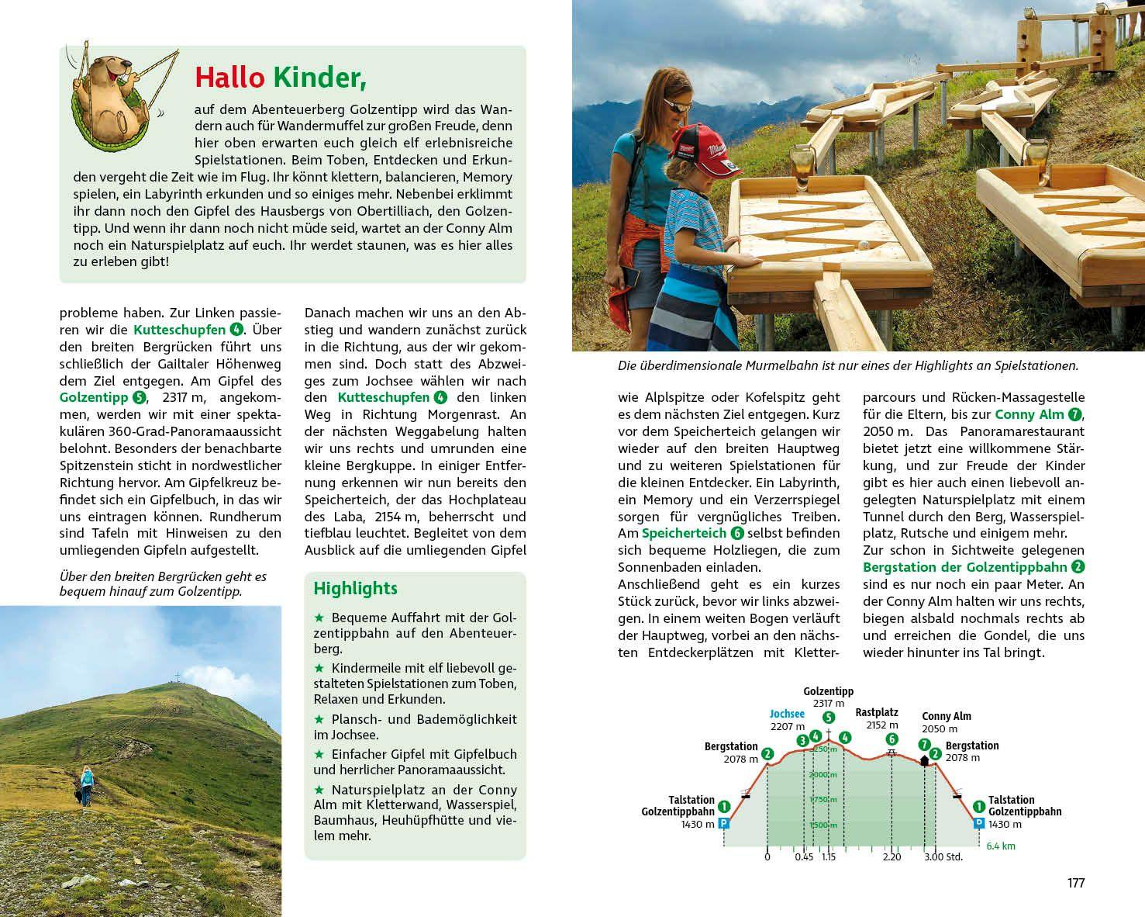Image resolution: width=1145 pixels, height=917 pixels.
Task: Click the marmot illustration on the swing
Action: pyautogui.click(x=116, y=97)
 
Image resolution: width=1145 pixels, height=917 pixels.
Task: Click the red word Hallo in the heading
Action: pyautogui.click(x=229, y=78)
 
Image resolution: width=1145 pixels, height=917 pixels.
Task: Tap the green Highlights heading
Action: pyautogui.click(x=355, y=589)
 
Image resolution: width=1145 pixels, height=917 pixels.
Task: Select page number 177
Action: pyautogui.click(x=1076, y=883)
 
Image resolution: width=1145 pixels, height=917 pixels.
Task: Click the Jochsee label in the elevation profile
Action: pyautogui.click(x=787, y=714)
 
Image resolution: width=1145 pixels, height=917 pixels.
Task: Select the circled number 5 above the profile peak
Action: pyautogui.click(x=829, y=718)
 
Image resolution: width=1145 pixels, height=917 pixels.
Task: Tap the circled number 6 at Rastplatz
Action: pyautogui.click(x=892, y=739)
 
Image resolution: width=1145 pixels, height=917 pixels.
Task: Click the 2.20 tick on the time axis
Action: pyautogui.click(x=892, y=856)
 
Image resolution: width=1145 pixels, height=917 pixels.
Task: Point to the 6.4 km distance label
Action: pyautogui.click(x=1001, y=846)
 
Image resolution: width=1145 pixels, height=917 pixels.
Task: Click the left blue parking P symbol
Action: pyautogui.click(x=724, y=824)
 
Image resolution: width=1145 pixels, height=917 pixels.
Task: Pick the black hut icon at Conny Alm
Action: pyautogui.click(x=924, y=761)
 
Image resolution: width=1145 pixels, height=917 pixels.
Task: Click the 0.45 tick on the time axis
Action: pyautogui.click(x=804, y=856)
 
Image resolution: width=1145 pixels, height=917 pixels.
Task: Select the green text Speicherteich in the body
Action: pyautogui.click(x=684, y=533)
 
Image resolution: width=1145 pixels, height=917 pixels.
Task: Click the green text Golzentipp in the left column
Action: pyautogui.click(x=94, y=397)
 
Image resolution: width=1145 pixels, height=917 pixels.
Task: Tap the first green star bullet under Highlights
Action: pyautogui.click(x=319, y=618)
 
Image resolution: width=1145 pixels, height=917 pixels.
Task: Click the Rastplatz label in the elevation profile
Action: pyautogui.click(x=877, y=712)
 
